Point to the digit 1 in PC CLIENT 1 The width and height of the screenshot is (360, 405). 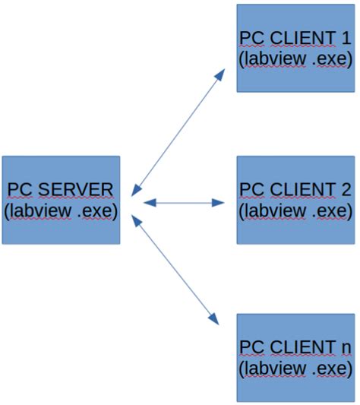tap(346, 38)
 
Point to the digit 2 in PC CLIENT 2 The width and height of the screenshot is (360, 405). tap(346, 189)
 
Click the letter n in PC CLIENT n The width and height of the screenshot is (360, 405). tap(346, 347)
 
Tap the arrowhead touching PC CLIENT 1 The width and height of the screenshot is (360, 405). tap(220, 74)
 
